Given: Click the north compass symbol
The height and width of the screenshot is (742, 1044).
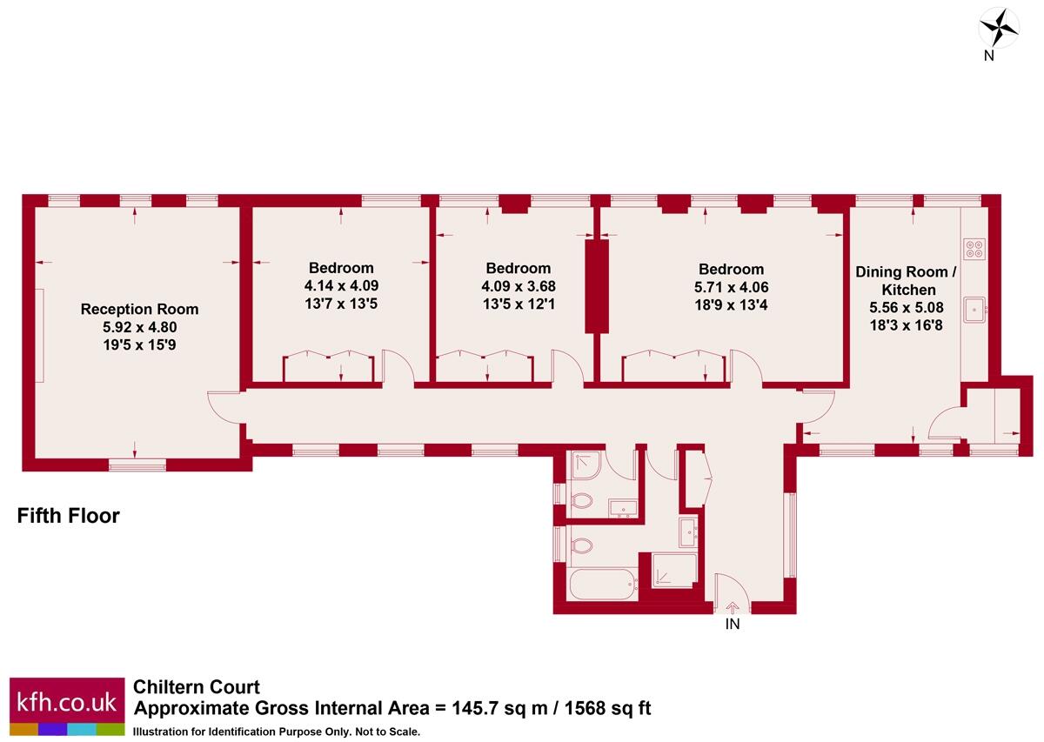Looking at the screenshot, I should (999, 27).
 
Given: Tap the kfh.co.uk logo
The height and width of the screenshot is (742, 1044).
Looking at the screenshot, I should (66, 702).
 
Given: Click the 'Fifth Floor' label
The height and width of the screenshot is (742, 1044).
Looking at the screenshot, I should (69, 516).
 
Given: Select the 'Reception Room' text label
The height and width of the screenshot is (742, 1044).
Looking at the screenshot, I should (139, 309).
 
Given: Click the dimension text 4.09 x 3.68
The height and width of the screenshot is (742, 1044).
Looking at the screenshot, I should (518, 286).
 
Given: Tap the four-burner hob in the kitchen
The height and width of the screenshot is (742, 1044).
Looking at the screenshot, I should (974, 250).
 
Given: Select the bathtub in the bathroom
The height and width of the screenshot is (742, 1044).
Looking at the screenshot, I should (603, 583).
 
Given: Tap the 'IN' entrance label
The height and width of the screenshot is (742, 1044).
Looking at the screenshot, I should (733, 624).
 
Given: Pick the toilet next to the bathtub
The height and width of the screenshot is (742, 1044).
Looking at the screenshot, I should (580, 546).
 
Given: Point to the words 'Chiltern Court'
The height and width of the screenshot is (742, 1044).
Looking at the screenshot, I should (196, 687).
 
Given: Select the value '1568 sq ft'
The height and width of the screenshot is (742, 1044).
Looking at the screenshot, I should (608, 708).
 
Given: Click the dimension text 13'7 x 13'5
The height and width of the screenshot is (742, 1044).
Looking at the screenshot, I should (341, 304).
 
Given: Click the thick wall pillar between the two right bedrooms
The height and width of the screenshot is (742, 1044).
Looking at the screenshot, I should (595, 286).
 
